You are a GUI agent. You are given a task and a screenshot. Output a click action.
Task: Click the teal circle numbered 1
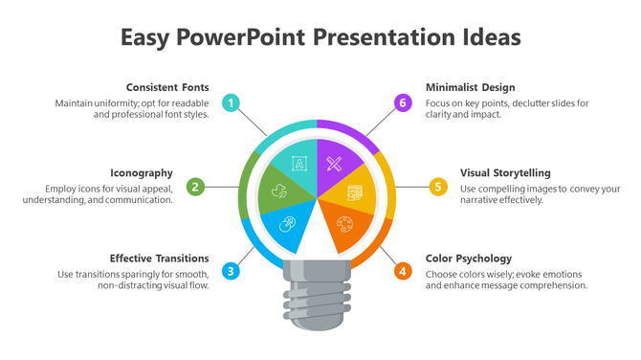tap(231, 102)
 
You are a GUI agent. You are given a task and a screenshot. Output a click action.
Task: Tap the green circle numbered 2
tap(195, 187)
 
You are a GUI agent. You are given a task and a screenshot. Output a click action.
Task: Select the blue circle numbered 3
tap(231, 271)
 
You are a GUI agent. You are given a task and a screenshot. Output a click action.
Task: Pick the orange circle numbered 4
tap(404, 271)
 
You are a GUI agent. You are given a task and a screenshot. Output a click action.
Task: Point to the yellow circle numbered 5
tap(438, 187)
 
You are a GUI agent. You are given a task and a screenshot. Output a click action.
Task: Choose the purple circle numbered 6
tap(404, 102)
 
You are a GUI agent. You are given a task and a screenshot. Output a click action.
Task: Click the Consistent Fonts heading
tap(167, 87)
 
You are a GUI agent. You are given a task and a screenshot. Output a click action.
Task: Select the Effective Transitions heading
tap(159, 258)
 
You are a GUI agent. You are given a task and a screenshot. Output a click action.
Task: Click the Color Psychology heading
tap(469, 258)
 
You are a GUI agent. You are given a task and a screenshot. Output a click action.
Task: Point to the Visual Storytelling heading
tap(505, 172)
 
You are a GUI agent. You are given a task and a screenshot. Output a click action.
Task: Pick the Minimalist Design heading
tap(471, 87)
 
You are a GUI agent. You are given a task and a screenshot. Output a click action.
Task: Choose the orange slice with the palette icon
tap(343, 228)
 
